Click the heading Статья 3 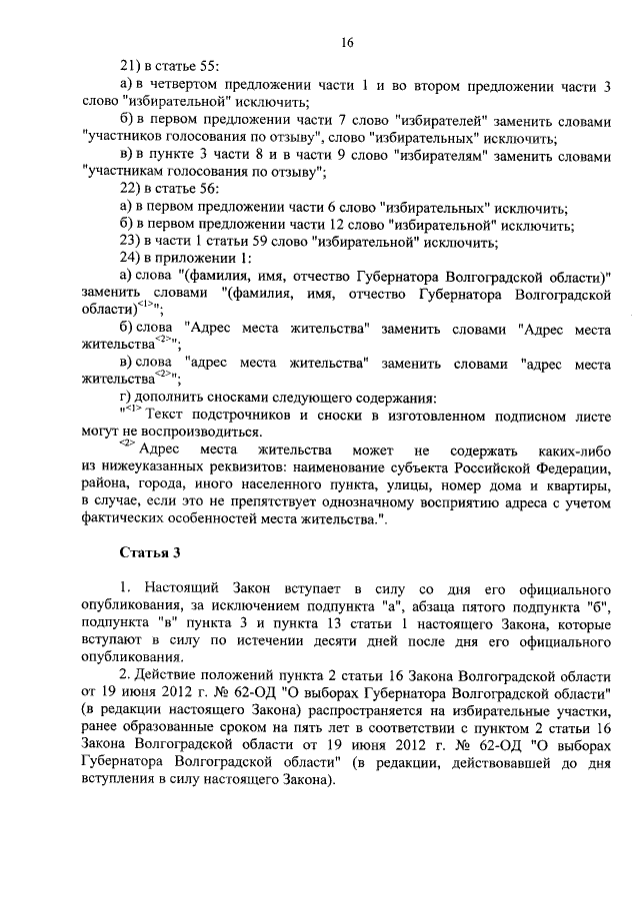pos(149,550)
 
